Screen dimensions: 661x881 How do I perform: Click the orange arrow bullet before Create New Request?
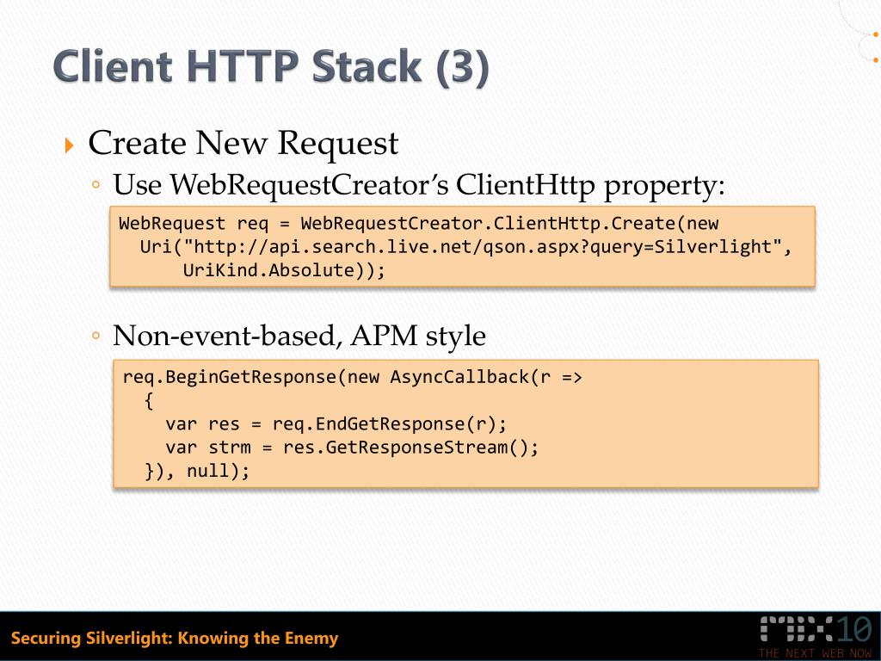coord(71,145)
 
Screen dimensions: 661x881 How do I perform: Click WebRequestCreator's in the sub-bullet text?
coord(309,184)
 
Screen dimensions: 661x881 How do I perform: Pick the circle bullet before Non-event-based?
coord(97,336)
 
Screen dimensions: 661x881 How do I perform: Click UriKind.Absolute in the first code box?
coord(279,270)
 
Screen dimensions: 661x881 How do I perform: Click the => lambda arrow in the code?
coord(571,378)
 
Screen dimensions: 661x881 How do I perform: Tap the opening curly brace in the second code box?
coord(149,401)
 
